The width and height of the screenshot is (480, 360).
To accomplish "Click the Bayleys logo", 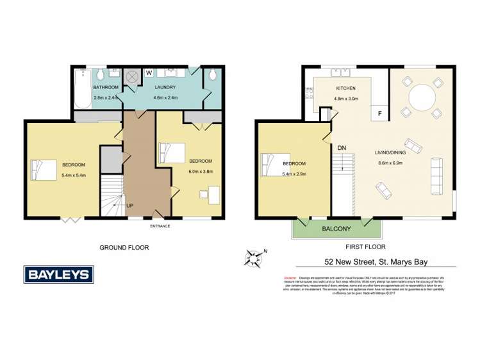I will (x=58, y=275).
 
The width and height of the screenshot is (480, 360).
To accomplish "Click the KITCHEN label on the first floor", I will (x=346, y=88).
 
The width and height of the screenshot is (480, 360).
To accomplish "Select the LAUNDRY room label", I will (x=165, y=86).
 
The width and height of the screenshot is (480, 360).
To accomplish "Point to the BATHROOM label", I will (x=106, y=86).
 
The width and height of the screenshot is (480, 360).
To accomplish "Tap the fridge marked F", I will (x=380, y=113).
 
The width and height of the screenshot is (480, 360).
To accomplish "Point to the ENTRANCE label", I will (x=161, y=226).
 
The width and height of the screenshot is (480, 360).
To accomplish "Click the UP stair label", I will (x=130, y=206).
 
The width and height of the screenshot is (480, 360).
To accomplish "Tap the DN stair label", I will (x=342, y=148).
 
